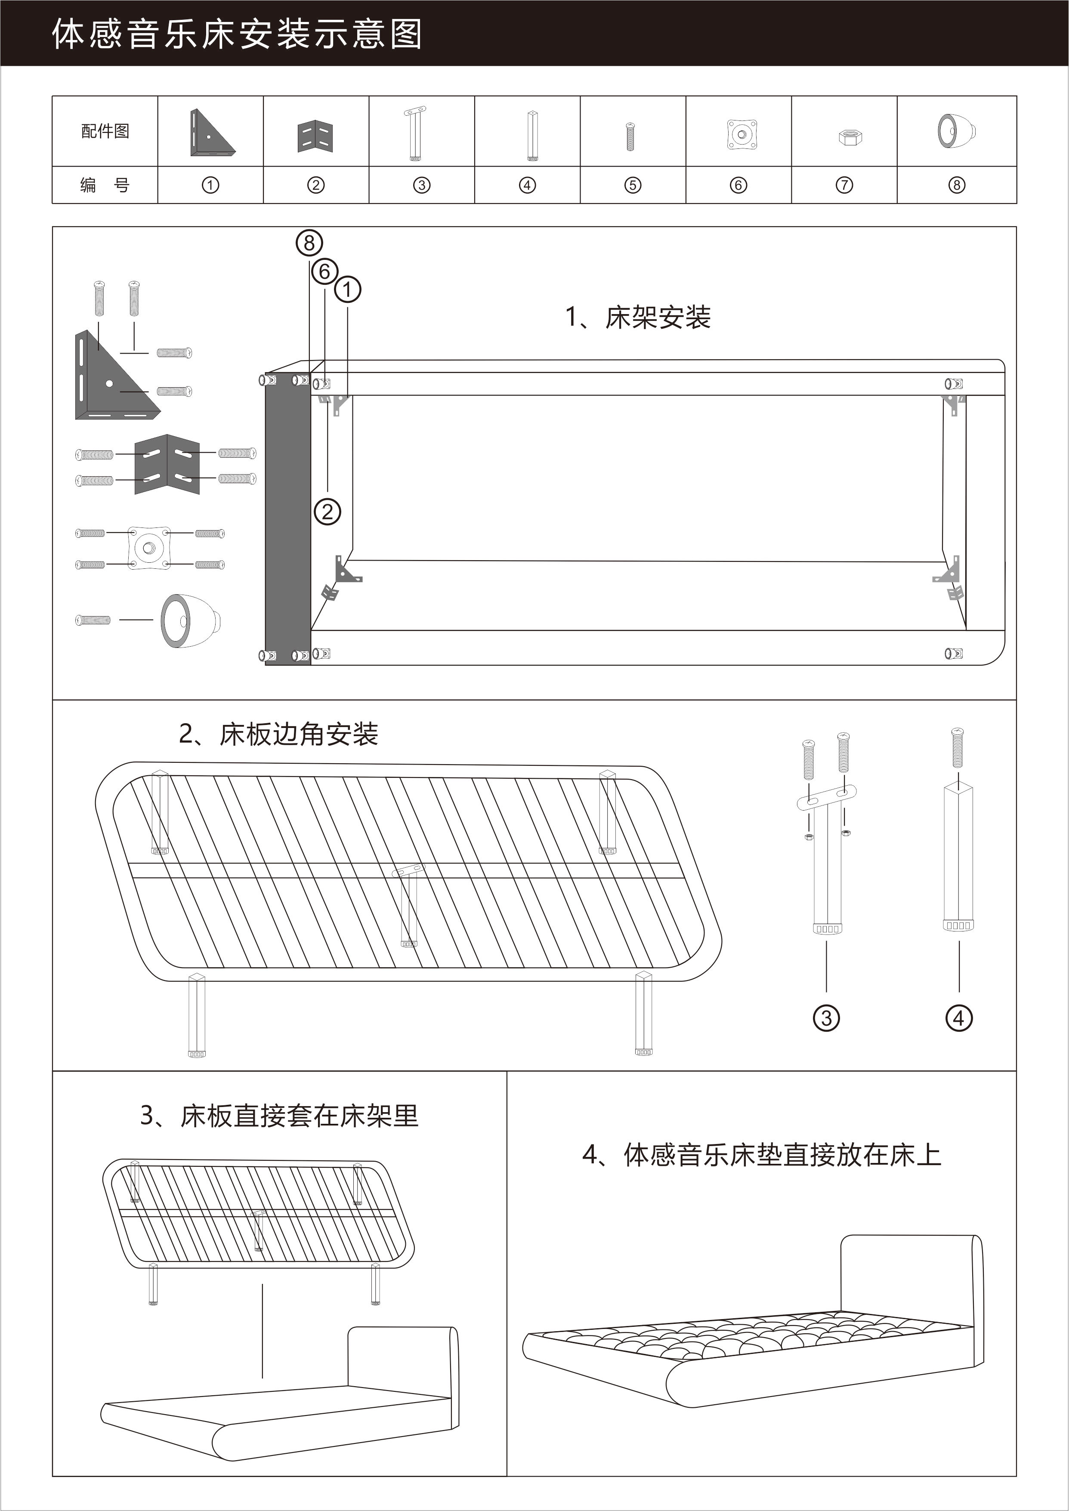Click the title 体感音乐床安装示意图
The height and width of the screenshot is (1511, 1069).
click(237, 34)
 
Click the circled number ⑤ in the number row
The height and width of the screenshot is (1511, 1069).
click(633, 185)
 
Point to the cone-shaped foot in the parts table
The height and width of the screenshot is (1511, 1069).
click(956, 131)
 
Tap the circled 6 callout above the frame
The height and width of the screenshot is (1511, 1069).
click(324, 271)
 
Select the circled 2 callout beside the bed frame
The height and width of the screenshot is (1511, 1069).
click(327, 512)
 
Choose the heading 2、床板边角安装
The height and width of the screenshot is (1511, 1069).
click(278, 734)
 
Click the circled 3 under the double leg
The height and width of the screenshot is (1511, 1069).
click(826, 1018)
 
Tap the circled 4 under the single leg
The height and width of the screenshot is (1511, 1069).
click(958, 1018)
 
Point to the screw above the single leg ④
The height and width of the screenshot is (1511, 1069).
click(958, 748)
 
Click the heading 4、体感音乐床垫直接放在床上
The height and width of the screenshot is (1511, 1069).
click(762, 1155)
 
